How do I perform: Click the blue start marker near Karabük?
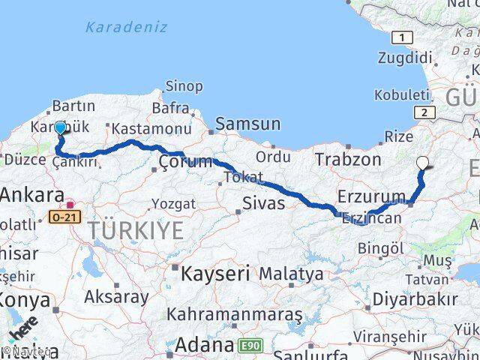[x=60, y=128]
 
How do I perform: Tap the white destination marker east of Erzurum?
[x=423, y=162]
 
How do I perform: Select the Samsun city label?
[x=247, y=124]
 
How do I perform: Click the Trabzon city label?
[x=348, y=159]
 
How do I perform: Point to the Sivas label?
[x=263, y=202]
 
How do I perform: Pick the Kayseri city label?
[x=214, y=274]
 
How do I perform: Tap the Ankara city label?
[x=31, y=196]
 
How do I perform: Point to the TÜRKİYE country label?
[x=135, y=230]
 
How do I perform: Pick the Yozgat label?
[x=173, y=204]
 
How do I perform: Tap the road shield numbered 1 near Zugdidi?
[x=403, y=37]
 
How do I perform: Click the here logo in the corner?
[x=22, y=331]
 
